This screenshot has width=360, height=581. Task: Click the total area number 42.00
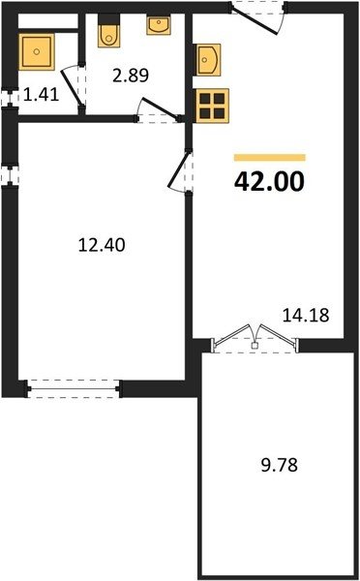(269, 182)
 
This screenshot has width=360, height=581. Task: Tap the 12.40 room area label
(102, 245)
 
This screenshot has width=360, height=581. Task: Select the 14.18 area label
(306, 316)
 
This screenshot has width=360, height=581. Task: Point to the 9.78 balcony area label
(280, 465)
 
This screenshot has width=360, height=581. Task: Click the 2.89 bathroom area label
(131, 76)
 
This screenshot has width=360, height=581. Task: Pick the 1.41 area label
(41, 95)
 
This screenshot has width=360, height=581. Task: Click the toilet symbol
(109, 31)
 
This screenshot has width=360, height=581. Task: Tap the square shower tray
(37, 51)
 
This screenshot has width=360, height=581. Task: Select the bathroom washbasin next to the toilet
(159, 24)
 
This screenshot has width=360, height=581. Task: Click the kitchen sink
(208, 60)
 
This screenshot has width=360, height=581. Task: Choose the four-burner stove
(213, 106)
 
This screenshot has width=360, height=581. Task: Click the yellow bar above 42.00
(270, 158)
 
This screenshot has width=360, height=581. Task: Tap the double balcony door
(255, 338)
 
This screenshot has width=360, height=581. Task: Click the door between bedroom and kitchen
(181, 170)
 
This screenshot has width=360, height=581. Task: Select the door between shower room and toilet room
(75, 88)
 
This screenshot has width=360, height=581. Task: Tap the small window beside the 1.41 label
(10, 98)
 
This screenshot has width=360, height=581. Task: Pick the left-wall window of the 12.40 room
(10, 175)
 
